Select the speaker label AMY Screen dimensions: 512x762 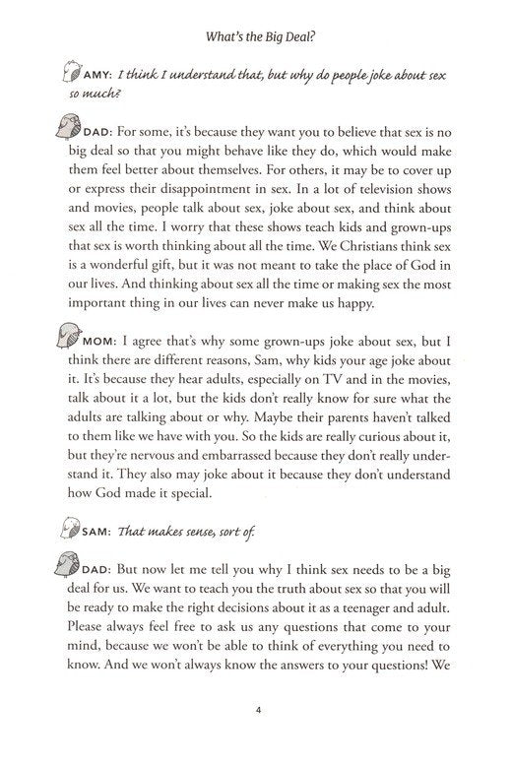coord(93,75)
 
